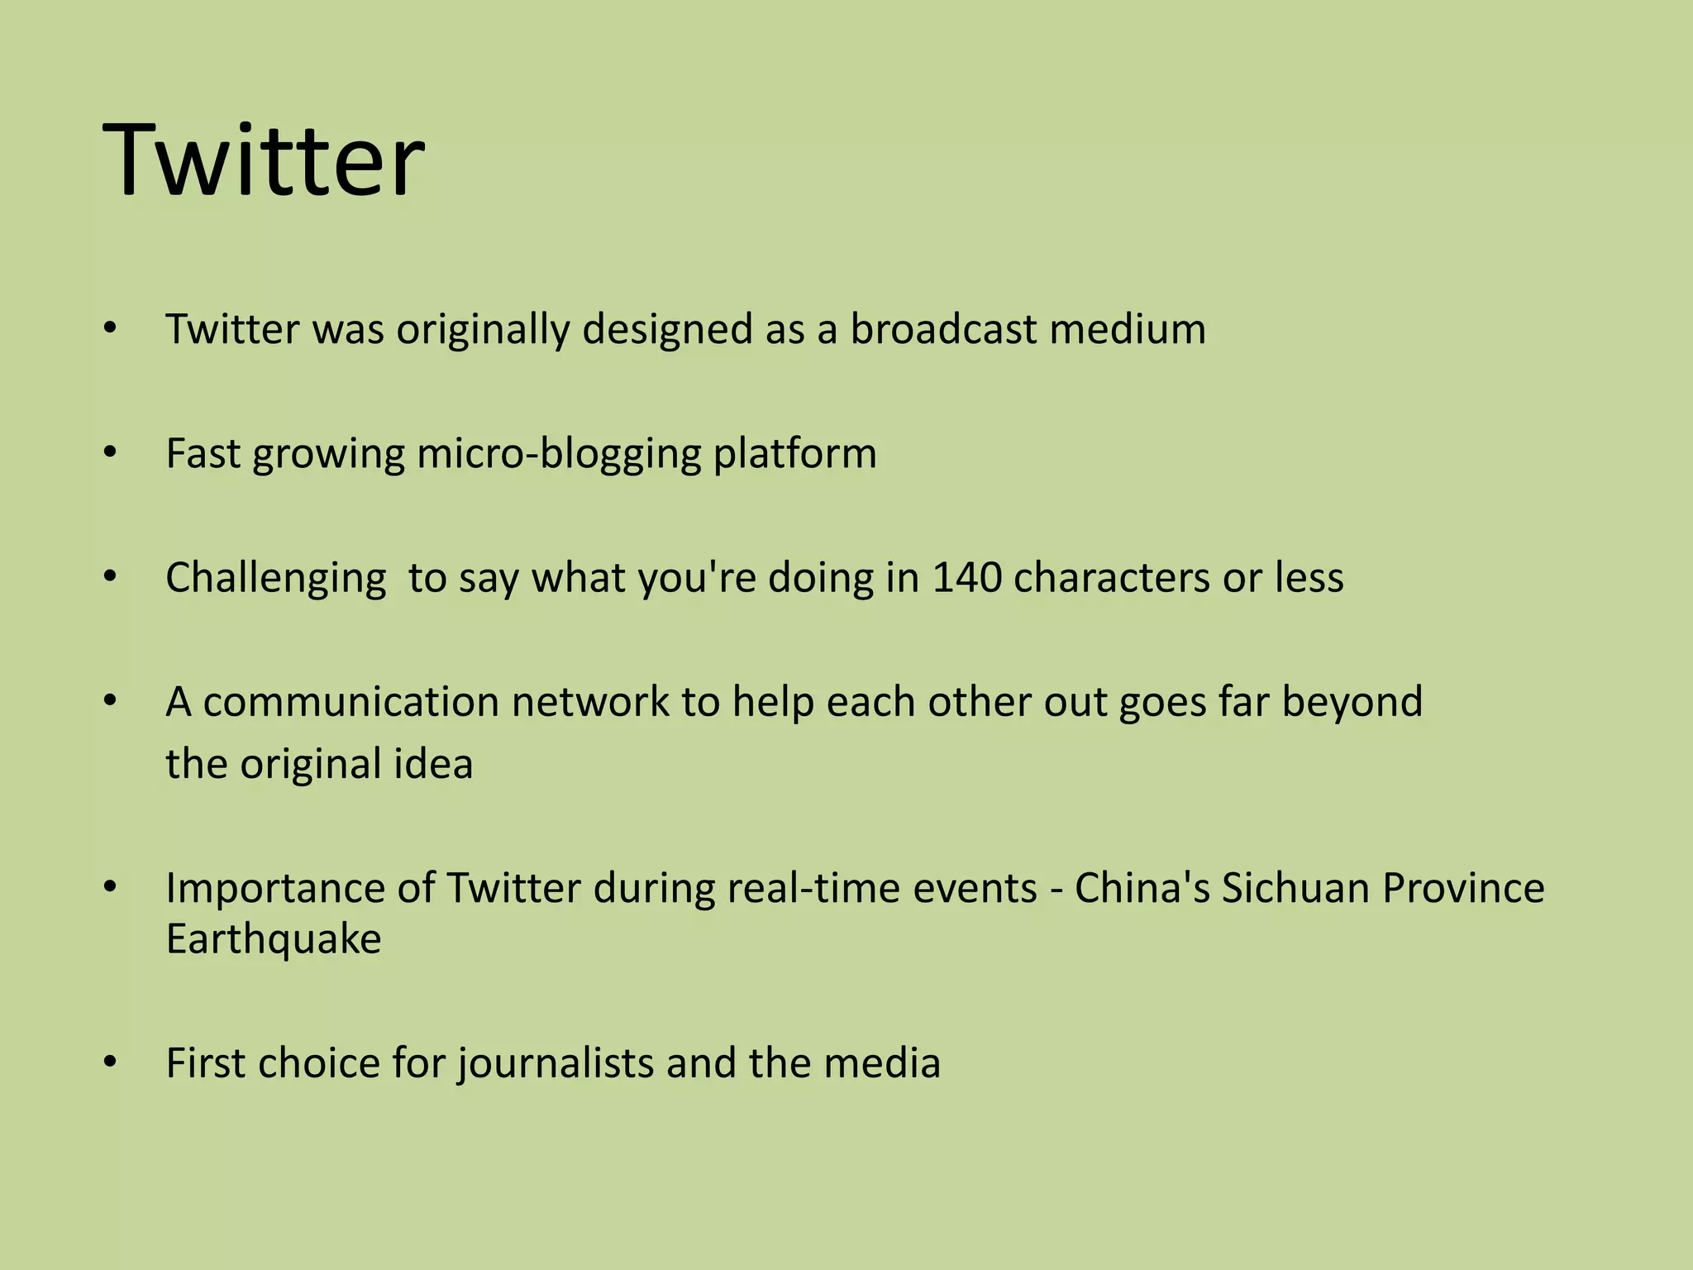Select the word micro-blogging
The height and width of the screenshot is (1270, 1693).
(558, 454)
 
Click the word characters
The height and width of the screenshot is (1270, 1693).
(1112, 578)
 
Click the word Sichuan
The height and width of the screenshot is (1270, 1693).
(1295, 888)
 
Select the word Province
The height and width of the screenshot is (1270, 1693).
(1463, 888)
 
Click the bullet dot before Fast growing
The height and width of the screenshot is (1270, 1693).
(111, 453)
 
